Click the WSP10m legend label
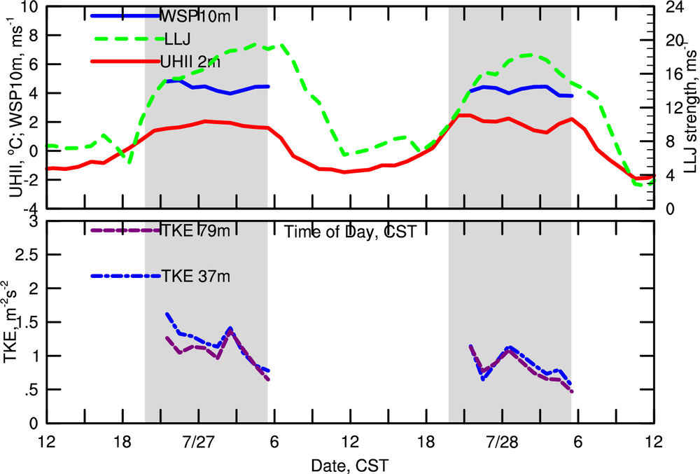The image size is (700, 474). click(188, 15)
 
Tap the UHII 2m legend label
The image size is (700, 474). click(190, 62)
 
